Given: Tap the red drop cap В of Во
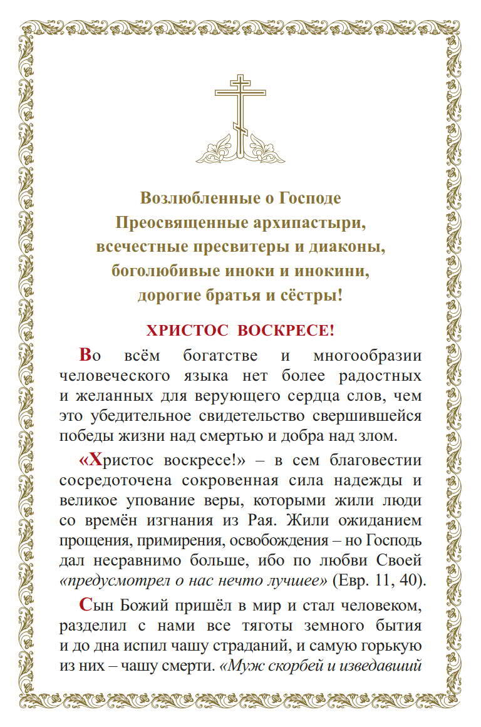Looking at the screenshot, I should pos(85,356).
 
